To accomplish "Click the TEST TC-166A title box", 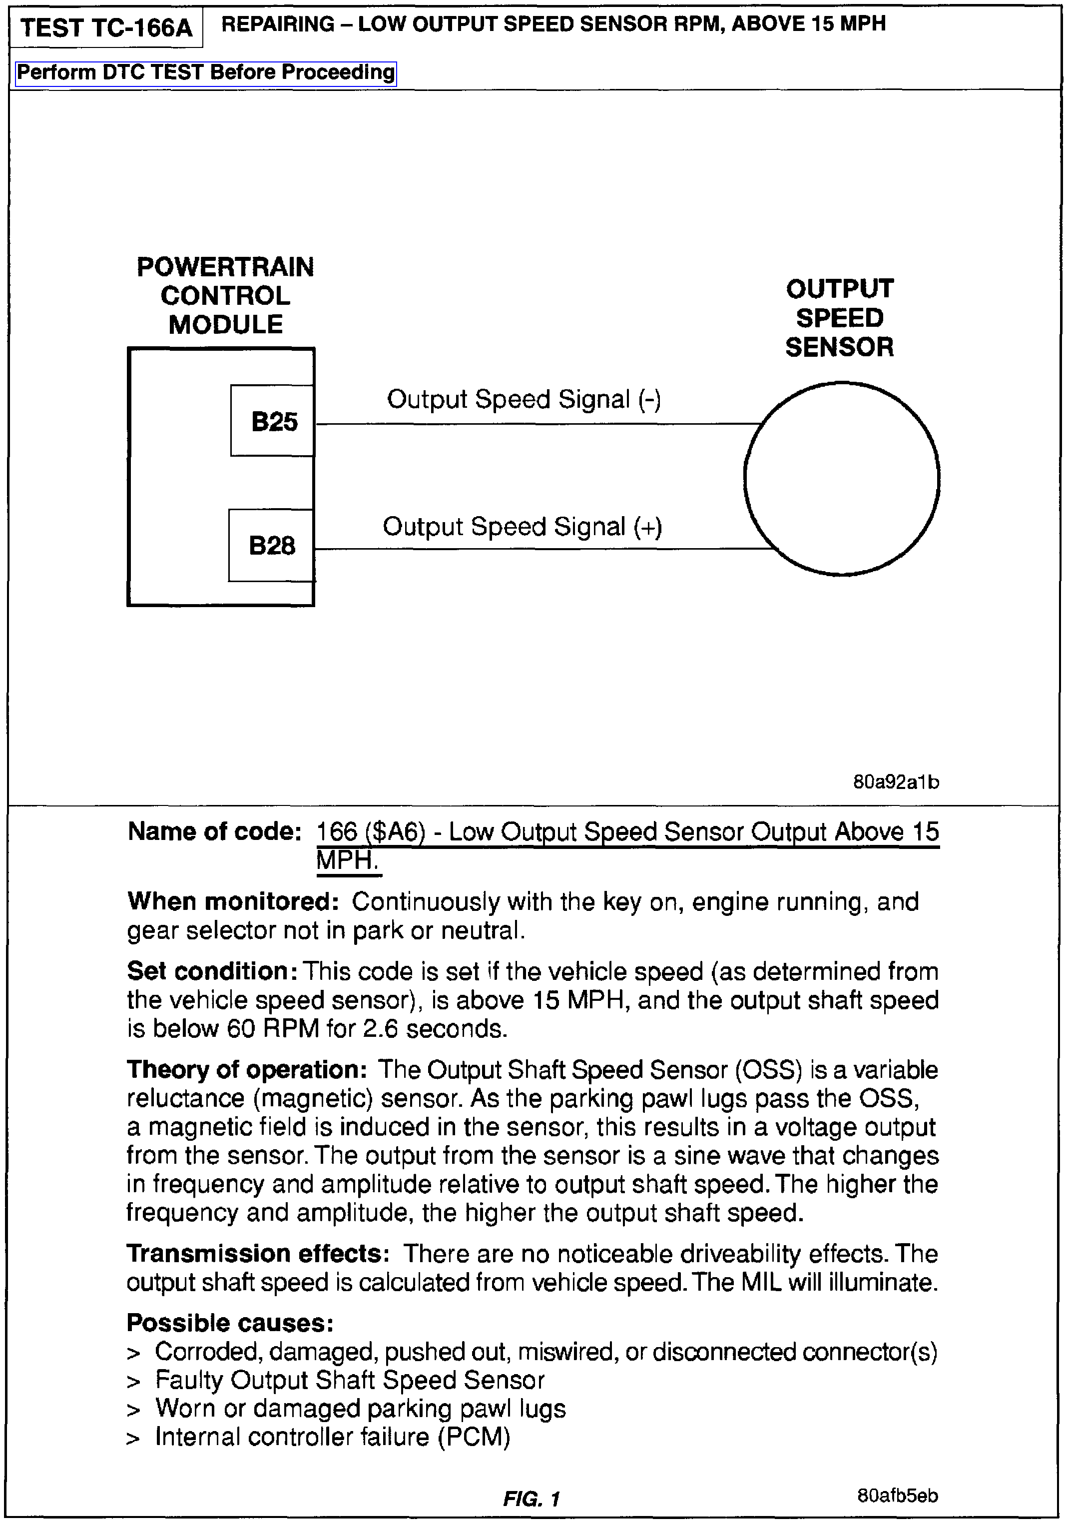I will tap(106, 28).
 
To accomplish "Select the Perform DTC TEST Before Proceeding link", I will tap(206, 72).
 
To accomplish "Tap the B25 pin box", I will tap(273, 421).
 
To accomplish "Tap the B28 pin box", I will tap(271, 545).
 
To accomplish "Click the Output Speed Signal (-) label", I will tap(524, 399).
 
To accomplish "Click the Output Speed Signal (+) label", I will tap(522, 527).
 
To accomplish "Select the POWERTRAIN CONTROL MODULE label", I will tap(225, 296).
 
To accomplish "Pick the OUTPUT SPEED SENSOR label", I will tap(840, 318).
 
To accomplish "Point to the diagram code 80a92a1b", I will tap(896, 782).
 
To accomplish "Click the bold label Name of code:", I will tap(215, 831).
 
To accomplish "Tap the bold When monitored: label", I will tap(233, 901).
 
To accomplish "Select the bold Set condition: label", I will tap(212, 971).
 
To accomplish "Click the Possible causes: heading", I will tap(229, 1323).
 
